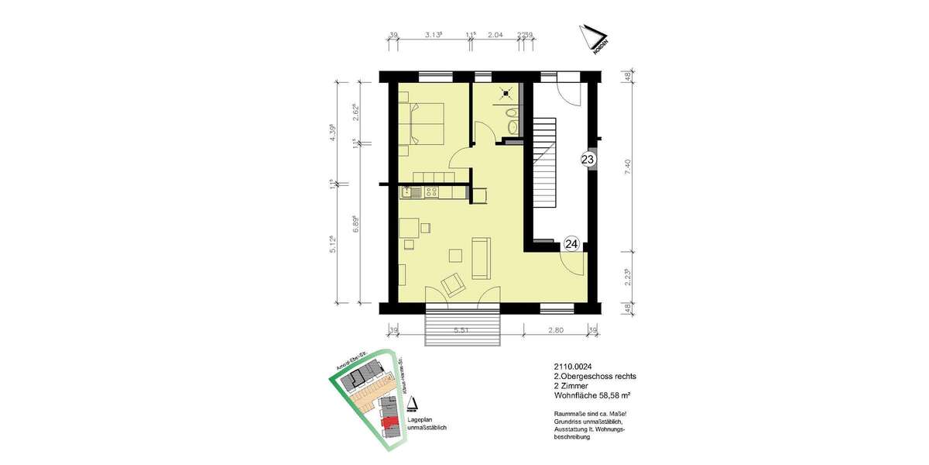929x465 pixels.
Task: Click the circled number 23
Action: pyautogui.click(x=588, y=160)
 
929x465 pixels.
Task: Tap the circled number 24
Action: pyautogui.click(x=571, y=244)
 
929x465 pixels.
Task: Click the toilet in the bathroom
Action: pyautogui.click(x=511, y=124)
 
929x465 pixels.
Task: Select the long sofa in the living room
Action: pyautogui.click(x=480, y=259)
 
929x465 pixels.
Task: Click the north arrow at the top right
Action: pyautogui.click(x=594, y=40)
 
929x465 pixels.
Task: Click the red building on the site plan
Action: pyautogui.click(x=393, y=424)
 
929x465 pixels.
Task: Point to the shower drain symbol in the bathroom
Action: pyautogui.click(x=506, y=95)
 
